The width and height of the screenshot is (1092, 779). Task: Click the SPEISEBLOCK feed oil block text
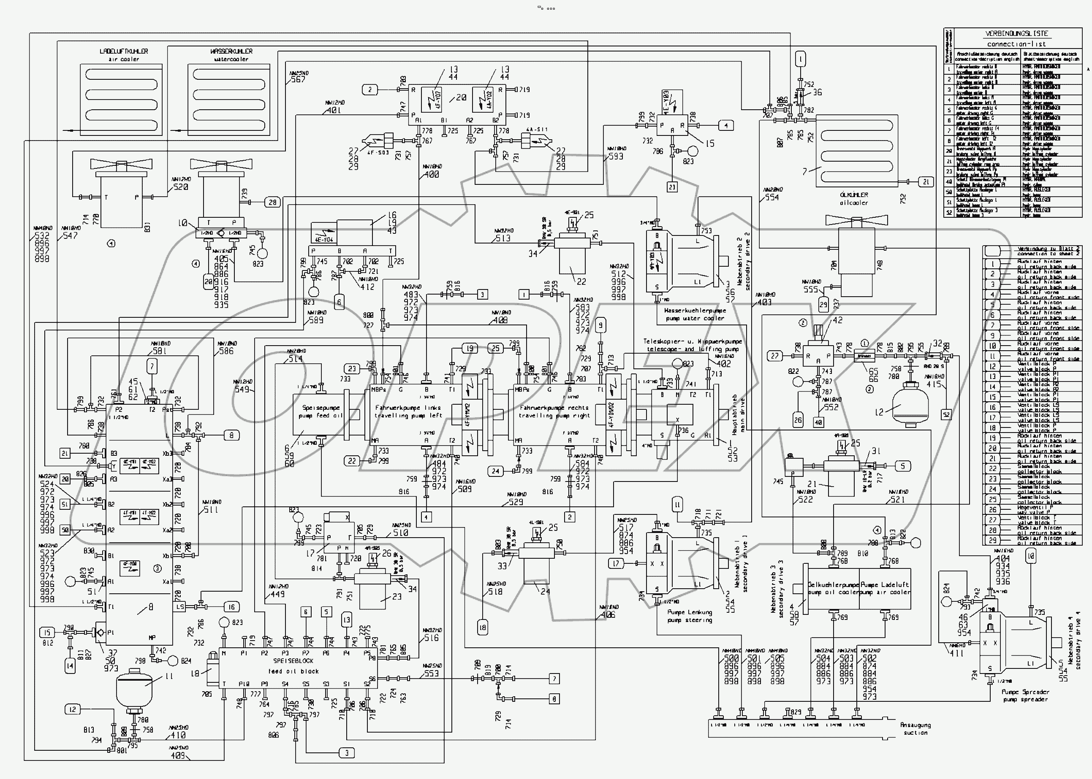click(x=293, y=666)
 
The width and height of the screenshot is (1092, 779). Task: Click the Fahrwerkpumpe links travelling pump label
click(x=408, y=411)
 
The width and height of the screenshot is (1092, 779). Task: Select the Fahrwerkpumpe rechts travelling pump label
click(x=554, y=411)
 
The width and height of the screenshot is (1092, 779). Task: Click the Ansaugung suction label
click(x=915, y=729)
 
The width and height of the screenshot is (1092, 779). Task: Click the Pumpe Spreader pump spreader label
click(x=1025, y=695)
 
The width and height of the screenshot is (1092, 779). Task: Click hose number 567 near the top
click(x=298, y=80)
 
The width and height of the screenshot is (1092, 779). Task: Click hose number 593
click(x=615, y=156)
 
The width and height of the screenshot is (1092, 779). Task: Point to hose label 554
click(x=772, y=197)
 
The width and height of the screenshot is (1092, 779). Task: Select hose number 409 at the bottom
click(x=178, y=755)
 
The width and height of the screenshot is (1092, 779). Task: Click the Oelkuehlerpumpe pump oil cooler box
click(x=834, y=589)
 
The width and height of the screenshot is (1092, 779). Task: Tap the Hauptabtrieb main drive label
click(x=738, y=414)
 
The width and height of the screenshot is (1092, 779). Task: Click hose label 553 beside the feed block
click(x=431, y=673)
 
